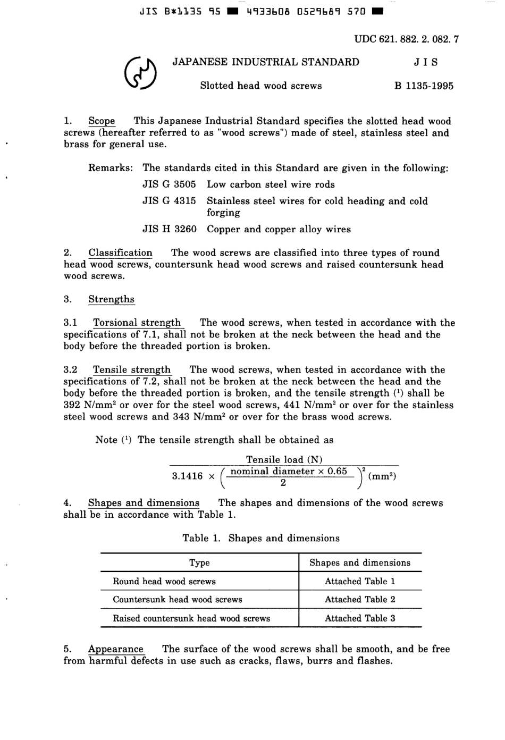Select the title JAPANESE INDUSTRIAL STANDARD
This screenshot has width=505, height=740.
[266, 62]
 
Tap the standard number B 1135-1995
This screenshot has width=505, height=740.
[424, 86]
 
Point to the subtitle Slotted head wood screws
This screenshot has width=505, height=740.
[260, 86]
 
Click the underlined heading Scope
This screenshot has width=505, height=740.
[102, 121]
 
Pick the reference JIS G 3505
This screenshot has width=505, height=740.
[169, 184]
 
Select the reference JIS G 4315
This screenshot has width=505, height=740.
[169, 201]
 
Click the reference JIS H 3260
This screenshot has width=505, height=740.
[169, 230]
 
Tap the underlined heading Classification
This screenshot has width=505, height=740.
[120, 253]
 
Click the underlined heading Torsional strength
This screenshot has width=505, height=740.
[137, 323]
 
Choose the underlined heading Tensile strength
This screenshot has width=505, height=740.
[132, 370]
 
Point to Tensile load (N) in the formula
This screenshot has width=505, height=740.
[284, 460]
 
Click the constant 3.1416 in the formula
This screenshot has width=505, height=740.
[187, 476]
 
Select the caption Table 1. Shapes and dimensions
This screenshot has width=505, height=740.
[260, 539]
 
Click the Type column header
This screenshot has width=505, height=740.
[199, 563]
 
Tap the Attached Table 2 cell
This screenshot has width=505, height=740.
[360, 600]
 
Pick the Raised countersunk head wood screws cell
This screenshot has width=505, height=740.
[191, 619]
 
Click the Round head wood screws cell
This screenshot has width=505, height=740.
[164, 582]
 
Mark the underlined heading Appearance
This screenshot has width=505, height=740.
[115, 649]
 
